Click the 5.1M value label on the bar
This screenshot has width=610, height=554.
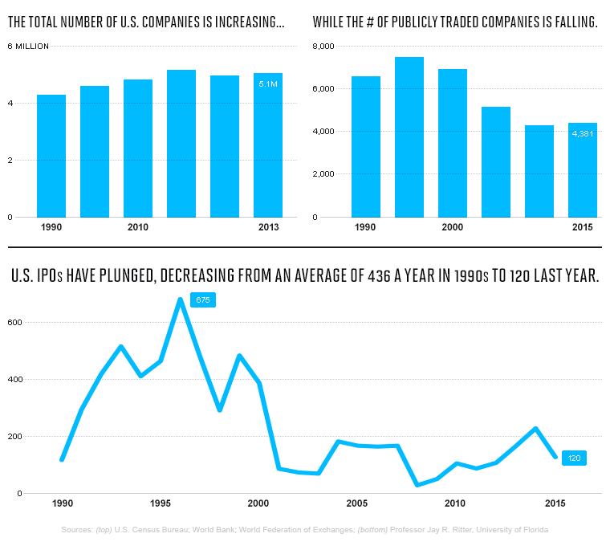coord(268,84)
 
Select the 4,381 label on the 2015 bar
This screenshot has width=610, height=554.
coord(583,134)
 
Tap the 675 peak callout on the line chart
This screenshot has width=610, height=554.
coord(203,300)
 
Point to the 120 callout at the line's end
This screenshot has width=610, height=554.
coord(574,458)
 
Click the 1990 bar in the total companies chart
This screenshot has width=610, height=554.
coord(51,156)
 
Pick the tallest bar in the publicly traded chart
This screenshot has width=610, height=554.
coord(409,137)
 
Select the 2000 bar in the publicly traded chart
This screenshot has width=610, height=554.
coord(453,143)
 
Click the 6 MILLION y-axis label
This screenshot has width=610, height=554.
coord(28,47)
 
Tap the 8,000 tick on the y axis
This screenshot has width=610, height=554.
coord(323,47)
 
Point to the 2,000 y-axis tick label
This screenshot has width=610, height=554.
coord(323,174)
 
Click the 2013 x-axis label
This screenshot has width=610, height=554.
coord(268,227)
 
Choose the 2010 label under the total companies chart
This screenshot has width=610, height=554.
coord(138,227)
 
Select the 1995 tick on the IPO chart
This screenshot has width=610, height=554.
coord(161,503)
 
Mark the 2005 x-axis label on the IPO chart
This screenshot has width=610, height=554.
coord(356,503)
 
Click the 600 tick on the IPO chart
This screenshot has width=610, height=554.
coord(14,323)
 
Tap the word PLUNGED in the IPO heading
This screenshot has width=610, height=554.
coord(127,276)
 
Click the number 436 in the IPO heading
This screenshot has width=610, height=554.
coord(379,276)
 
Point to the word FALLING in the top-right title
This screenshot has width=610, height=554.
coord(576,22)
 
